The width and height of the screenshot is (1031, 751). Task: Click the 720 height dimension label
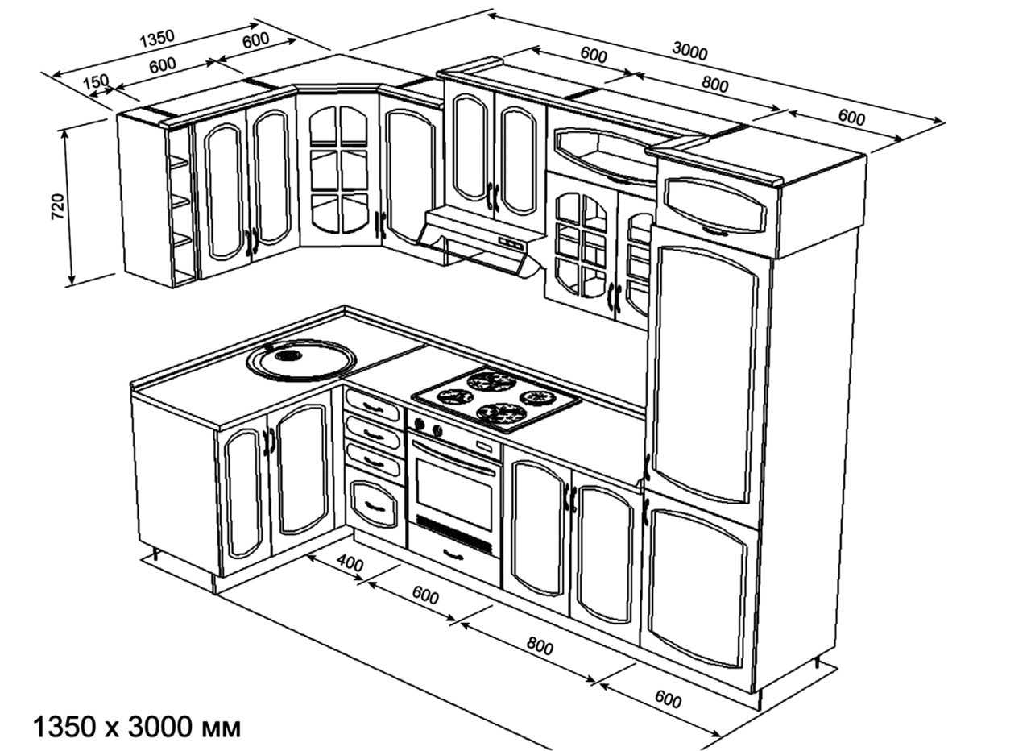[x=58, y=206]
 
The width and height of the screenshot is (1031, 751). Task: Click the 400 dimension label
[x=349, y=563]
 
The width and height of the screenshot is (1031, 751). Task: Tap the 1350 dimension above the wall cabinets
[x=156, y=39]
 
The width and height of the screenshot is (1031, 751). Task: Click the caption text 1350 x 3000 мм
[x=136, y=727]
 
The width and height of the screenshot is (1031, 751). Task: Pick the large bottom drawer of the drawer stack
[x=375, y=504]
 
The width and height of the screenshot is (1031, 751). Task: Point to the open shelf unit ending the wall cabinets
[x=181, y=206]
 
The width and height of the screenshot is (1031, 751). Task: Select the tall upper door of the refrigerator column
[x=704, y=371]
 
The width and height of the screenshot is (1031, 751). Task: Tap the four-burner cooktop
[x=496, y=396]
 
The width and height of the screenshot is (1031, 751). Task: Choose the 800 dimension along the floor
[x=540, y=645]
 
